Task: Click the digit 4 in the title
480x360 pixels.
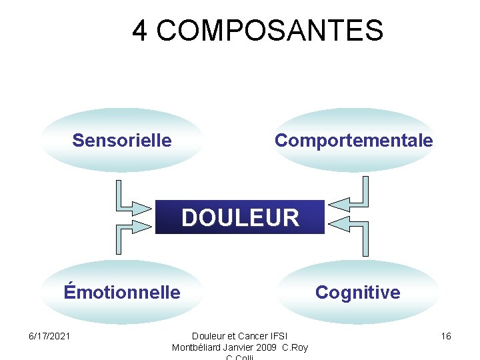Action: [140, 31]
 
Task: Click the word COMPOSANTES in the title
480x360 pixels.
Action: [271, 31]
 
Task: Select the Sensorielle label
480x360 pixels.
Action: [122, 141]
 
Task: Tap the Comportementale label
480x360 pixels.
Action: [353, 141]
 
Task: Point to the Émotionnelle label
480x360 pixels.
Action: [122, 292]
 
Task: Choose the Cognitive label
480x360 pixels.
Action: [357, 292]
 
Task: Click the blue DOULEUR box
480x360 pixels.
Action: [240, 217]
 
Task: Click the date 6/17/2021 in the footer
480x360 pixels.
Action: [49, 336]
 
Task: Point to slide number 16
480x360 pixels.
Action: [446, 336]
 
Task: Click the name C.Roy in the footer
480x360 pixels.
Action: [295, 347]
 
